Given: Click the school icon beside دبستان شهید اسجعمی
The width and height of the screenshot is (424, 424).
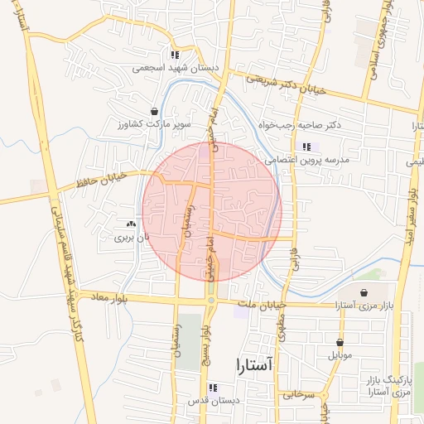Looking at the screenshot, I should point(175,55).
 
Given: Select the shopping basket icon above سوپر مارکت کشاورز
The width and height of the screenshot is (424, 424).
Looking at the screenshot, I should point(154,111).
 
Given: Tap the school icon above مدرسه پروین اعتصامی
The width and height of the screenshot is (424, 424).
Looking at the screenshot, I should point(306,147).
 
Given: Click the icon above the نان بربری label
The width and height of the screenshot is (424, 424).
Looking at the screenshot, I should point(130,224).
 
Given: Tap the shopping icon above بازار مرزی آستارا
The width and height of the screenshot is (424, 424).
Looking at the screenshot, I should point(364,292).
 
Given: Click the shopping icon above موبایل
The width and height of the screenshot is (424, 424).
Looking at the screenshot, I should point(340,342).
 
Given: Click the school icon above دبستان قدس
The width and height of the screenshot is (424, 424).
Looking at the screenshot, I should point(213,388).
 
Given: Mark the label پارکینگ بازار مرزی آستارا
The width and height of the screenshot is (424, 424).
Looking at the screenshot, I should point(388,384).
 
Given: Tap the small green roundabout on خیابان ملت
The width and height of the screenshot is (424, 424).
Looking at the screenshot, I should point(211,300).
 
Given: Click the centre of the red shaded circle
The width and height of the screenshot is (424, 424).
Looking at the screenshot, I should point(212,211).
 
